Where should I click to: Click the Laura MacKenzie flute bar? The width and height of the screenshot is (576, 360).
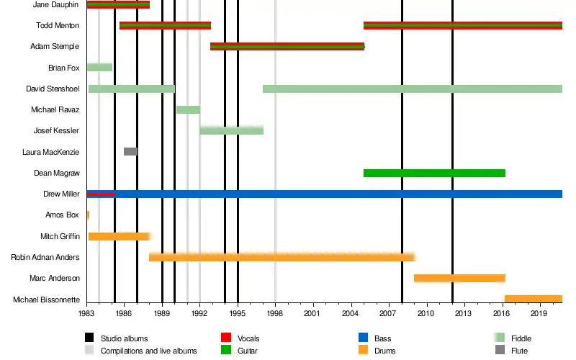[x=130, y=152]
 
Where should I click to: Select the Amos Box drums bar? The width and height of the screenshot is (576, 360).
[x=88, y=215]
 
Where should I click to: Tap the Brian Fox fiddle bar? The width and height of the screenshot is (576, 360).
[x=99, y=68]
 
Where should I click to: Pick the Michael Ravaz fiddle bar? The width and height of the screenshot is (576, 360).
[x=188, y=109]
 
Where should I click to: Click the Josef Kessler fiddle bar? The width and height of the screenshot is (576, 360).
[x=231, y=130]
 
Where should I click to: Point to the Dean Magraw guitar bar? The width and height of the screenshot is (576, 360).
[x=434, y=173]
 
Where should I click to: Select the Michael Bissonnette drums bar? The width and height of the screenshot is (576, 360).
[x=533, y=299]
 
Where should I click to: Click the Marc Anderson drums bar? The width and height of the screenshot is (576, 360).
[x=459, y=278]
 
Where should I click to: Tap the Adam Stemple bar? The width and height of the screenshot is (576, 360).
[x=287, y=47]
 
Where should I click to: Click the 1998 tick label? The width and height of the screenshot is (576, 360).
[x=274, y=314]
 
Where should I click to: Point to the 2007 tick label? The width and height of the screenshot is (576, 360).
[x=387, y=314]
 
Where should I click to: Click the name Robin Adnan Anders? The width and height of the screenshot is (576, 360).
[x=45, y=257]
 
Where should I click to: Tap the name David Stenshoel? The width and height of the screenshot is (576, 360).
[x=52, y=89]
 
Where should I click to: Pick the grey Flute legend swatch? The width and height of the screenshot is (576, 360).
[x=500, y=351]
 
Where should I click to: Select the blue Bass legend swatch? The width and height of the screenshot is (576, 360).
[x=362, y=337]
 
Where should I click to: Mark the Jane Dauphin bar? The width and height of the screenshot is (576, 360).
[x=118, y=5]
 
